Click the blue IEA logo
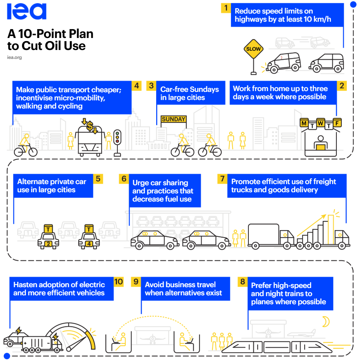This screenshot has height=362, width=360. [x=26, y=11]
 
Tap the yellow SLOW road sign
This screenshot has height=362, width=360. [x=253, y=49]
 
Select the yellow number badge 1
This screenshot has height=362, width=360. [x=226, y=8]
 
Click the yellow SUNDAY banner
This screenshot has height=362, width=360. [x=174, y=119]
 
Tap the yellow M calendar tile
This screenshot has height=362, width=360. [x=304, y=123]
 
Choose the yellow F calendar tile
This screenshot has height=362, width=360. [x=337, y=123]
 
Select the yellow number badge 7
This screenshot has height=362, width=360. [x=222, y=179]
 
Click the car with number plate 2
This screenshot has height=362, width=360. [x=48, y=237]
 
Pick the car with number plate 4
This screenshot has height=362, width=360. [x=89, y=237]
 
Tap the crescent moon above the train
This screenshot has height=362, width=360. [x=326, y=322]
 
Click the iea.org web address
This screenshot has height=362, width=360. [x=14, y=57]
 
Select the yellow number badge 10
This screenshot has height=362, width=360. [x=119, y=282]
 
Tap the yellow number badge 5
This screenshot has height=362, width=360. [x=98, y=179]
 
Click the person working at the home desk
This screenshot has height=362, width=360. [x=320, y=143]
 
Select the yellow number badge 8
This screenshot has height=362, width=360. [x=243, y=282]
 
